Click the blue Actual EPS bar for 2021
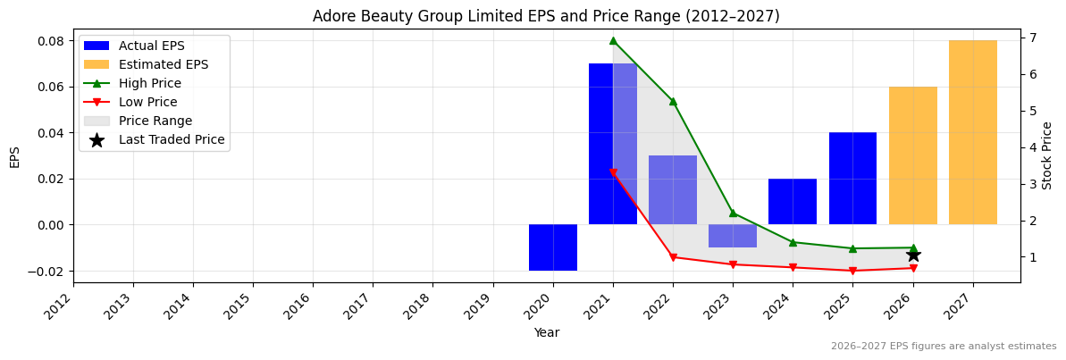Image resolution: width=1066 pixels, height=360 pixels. point(613,143)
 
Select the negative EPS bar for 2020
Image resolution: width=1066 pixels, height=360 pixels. point(553,247)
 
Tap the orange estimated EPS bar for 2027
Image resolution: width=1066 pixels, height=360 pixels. point(973,132)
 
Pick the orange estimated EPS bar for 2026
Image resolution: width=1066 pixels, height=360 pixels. point(913,155)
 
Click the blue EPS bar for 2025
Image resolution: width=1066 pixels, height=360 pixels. point(852,179)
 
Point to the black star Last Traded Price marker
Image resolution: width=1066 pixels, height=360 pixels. point(913,255)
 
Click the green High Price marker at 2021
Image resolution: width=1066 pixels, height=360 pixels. point(613,40)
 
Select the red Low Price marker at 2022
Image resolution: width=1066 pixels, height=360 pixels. point(673,257)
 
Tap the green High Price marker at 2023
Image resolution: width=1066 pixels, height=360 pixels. point(733,213)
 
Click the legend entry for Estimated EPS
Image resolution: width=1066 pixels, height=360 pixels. point(164,64)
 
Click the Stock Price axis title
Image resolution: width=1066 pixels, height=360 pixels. point(1047,155)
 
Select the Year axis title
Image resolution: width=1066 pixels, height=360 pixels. point(547,332)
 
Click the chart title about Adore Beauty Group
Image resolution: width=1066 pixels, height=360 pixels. point(546,16)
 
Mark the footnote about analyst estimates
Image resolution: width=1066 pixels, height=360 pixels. point(944,347)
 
